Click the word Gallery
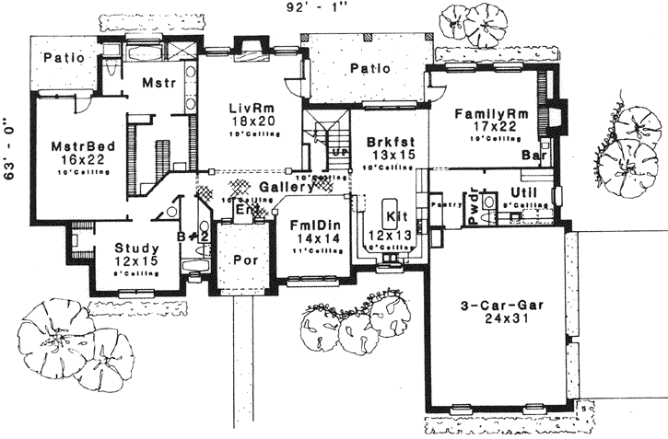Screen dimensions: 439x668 click(283, 187)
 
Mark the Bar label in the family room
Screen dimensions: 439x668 click(531, 156)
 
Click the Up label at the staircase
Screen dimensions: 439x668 click(339, 150)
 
